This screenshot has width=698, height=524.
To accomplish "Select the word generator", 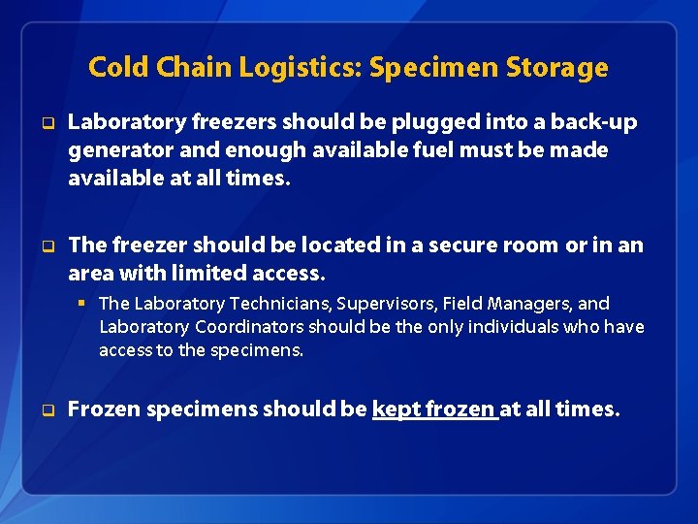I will pyautogui.click(x=117, y=150).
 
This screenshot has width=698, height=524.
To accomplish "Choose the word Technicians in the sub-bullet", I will pyautogui.click(x=274, y=304).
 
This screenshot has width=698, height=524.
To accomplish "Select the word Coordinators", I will pyautogui.click(x=248, y=327).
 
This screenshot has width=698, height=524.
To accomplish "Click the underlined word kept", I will pyautogui.click(x=394, y=409).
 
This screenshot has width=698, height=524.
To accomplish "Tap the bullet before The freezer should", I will pyautogui.click(x=45, y=246).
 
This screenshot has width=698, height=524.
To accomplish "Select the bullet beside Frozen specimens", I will pyautogui.click(x=45, y=411).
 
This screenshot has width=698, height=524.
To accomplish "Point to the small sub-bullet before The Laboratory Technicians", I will pyautogui.click(x=85, y=304).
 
